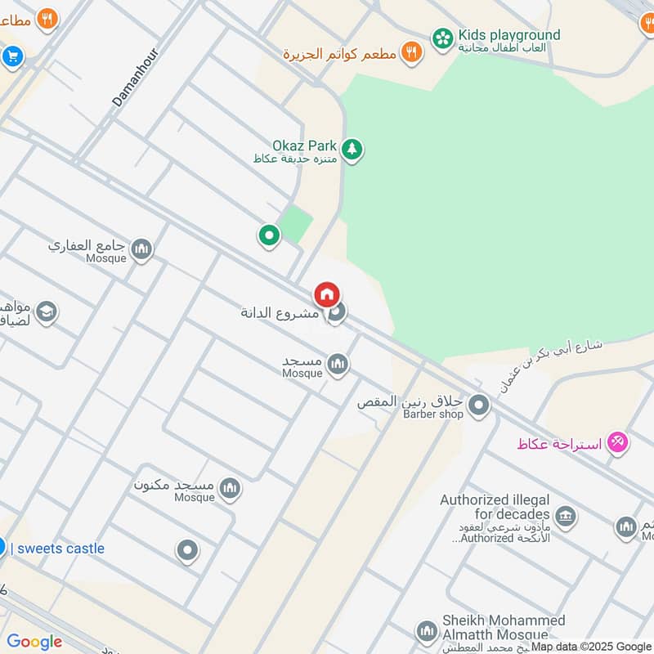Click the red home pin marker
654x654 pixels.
pyautogui.click(x=327, y=294)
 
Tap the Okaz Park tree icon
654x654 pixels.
pyautogui.click(x=352, y=149)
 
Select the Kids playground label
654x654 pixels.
pyautogui.click(x=508, y=35)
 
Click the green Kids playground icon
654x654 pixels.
pyautogui.click(x=442, y=38)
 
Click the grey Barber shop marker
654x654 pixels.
pyautogui.click(x=479, y=405)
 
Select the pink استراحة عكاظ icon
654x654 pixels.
pyautogui.click(x=619, y=442)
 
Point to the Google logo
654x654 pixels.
pyautogui.click(x=34, y=642)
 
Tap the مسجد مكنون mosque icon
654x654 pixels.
pyautogui.click(x=231, y=488)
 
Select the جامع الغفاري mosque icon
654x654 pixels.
pyautogui.click(x=141, y=249)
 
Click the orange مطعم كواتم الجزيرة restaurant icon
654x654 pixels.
pyautogui.click(x=413, y=52)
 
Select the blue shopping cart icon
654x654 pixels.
pyautogui.click(x=11, y=56)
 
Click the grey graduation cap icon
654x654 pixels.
pyautogui.click(x=46, y=311)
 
